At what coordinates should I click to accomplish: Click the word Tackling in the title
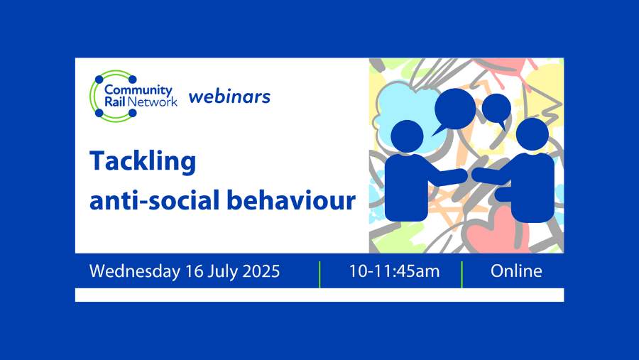click(142, 162)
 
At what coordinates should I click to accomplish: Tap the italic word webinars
click(229, 96)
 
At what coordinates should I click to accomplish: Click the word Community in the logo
click(138, 90)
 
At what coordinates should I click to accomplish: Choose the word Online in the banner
click(516, 271)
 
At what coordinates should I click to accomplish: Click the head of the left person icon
click(407, 136)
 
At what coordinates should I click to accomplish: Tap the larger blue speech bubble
click(454, 109)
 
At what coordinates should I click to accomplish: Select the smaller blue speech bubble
click(497, 109)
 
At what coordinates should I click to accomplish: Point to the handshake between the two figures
click(469, 175)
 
